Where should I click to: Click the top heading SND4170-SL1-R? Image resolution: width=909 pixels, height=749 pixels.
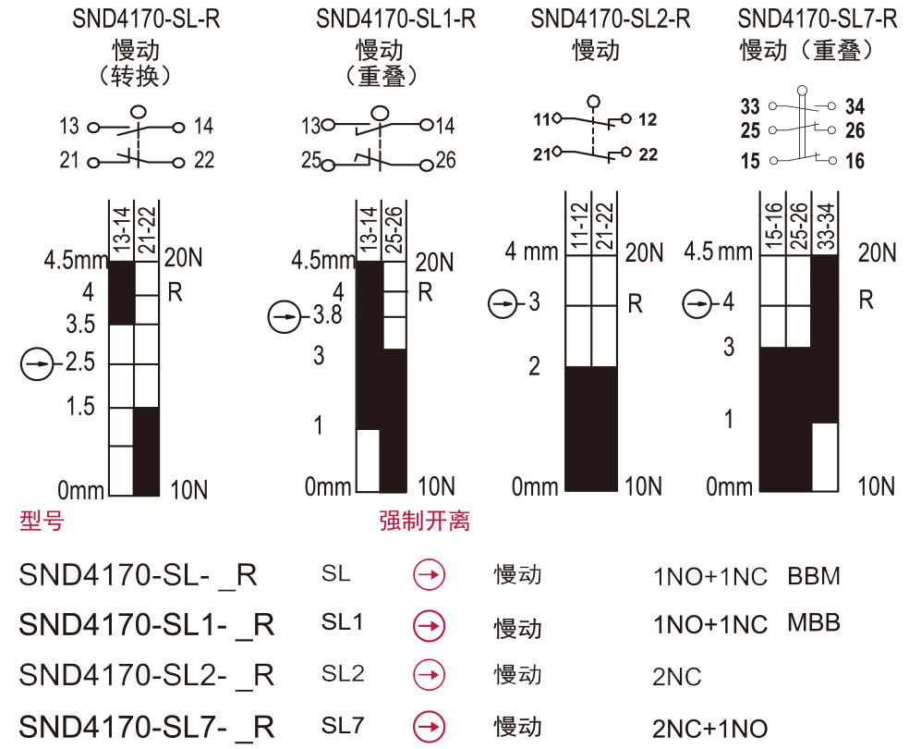click(394, 19)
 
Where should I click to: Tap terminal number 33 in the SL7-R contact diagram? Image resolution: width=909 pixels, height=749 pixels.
click(750, 107)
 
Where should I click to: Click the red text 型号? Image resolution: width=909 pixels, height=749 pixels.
click(42, 521)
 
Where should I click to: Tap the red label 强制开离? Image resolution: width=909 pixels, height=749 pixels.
click(424, 521)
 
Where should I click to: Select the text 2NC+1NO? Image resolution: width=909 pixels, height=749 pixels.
click(709, 729)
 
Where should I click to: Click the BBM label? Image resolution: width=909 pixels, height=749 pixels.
click(814, 577)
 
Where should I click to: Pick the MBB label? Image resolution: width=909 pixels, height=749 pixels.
click(814, 622)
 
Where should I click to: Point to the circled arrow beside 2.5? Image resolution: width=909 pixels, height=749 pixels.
click(37, 364)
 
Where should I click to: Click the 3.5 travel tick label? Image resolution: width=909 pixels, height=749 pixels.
click(81, 325)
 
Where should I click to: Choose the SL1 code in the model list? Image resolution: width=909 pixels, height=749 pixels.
click(342, 622)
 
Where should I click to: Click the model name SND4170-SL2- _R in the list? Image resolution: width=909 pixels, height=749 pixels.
click(146, 675)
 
